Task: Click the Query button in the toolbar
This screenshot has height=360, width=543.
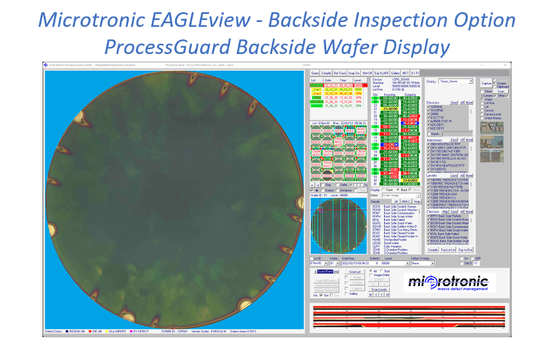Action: click(315, 74)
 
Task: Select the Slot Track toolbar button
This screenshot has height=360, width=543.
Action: click(338, 74)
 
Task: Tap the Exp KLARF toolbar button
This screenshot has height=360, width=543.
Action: click(382, 74)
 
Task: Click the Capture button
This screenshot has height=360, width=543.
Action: click(486, 84)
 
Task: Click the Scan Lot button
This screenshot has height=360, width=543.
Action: click(354, 271)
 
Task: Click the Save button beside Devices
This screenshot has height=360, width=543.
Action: click(454, 102)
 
